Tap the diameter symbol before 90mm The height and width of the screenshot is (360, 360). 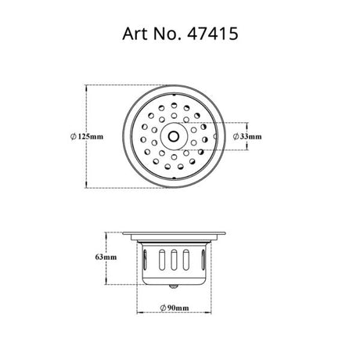click(160, 308)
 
